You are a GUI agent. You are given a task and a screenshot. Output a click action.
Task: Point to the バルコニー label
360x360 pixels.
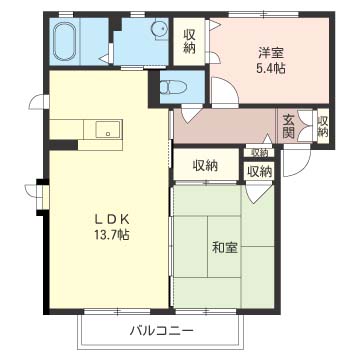pos(160,330)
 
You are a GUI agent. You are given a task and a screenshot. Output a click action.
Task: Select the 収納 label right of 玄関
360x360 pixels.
pos(323,124)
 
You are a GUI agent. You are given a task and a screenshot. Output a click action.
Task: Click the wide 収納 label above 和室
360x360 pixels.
pos(205,166)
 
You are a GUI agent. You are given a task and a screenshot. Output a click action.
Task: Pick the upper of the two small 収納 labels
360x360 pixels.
pos(259,152)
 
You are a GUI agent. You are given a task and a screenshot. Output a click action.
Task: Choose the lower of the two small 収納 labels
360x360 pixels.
pos(259,171)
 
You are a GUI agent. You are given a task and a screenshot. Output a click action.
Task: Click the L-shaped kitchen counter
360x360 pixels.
pos(85,129)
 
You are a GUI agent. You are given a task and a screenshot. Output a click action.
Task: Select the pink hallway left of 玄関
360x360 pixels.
pos(225,125)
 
